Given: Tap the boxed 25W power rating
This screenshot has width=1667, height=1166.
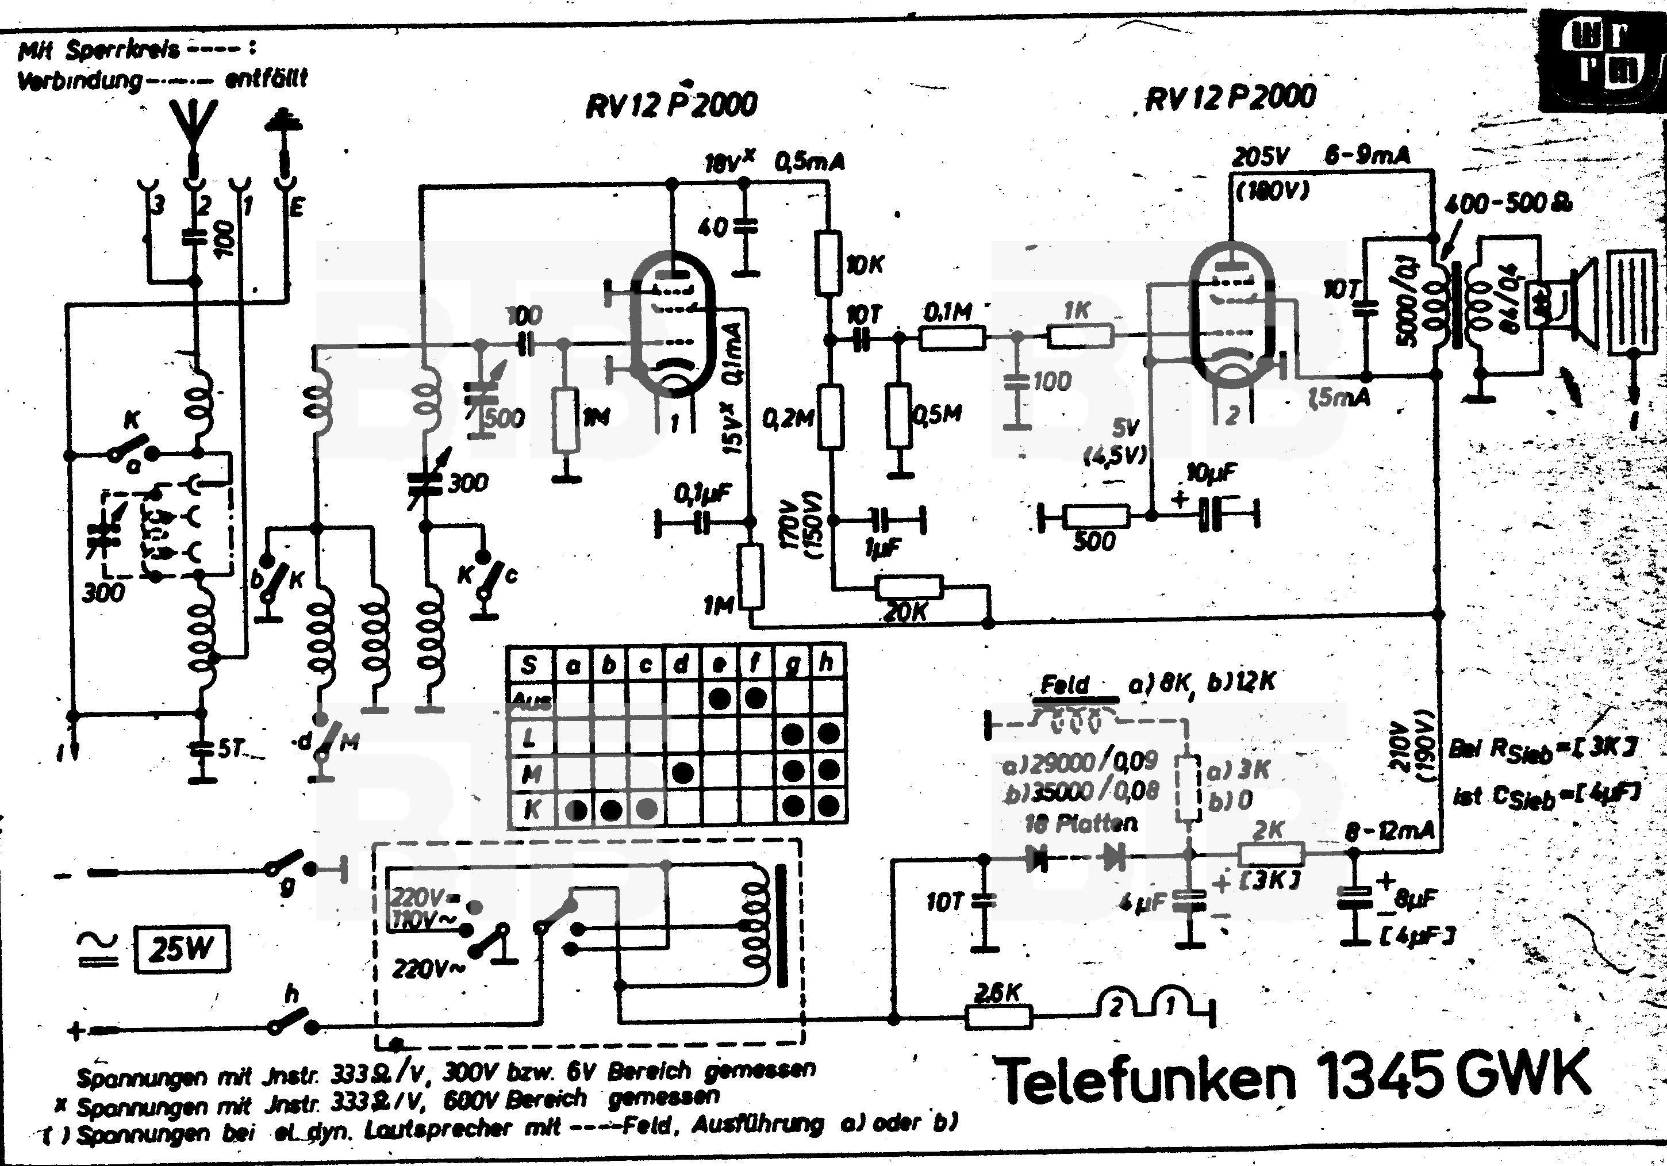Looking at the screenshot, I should click(182, 948).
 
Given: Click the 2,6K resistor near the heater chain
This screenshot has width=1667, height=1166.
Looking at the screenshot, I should click(999, 1017).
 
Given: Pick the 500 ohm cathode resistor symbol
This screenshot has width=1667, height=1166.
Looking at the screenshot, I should click(1096, 516).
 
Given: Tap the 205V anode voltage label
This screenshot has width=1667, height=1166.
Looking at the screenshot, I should click(1261, 156).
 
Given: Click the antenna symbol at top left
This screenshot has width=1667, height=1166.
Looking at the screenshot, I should click(193, 127).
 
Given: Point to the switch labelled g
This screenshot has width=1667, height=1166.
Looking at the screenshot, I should click(290, 867).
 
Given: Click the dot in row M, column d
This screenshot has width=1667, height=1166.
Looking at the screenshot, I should click(682, 772).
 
